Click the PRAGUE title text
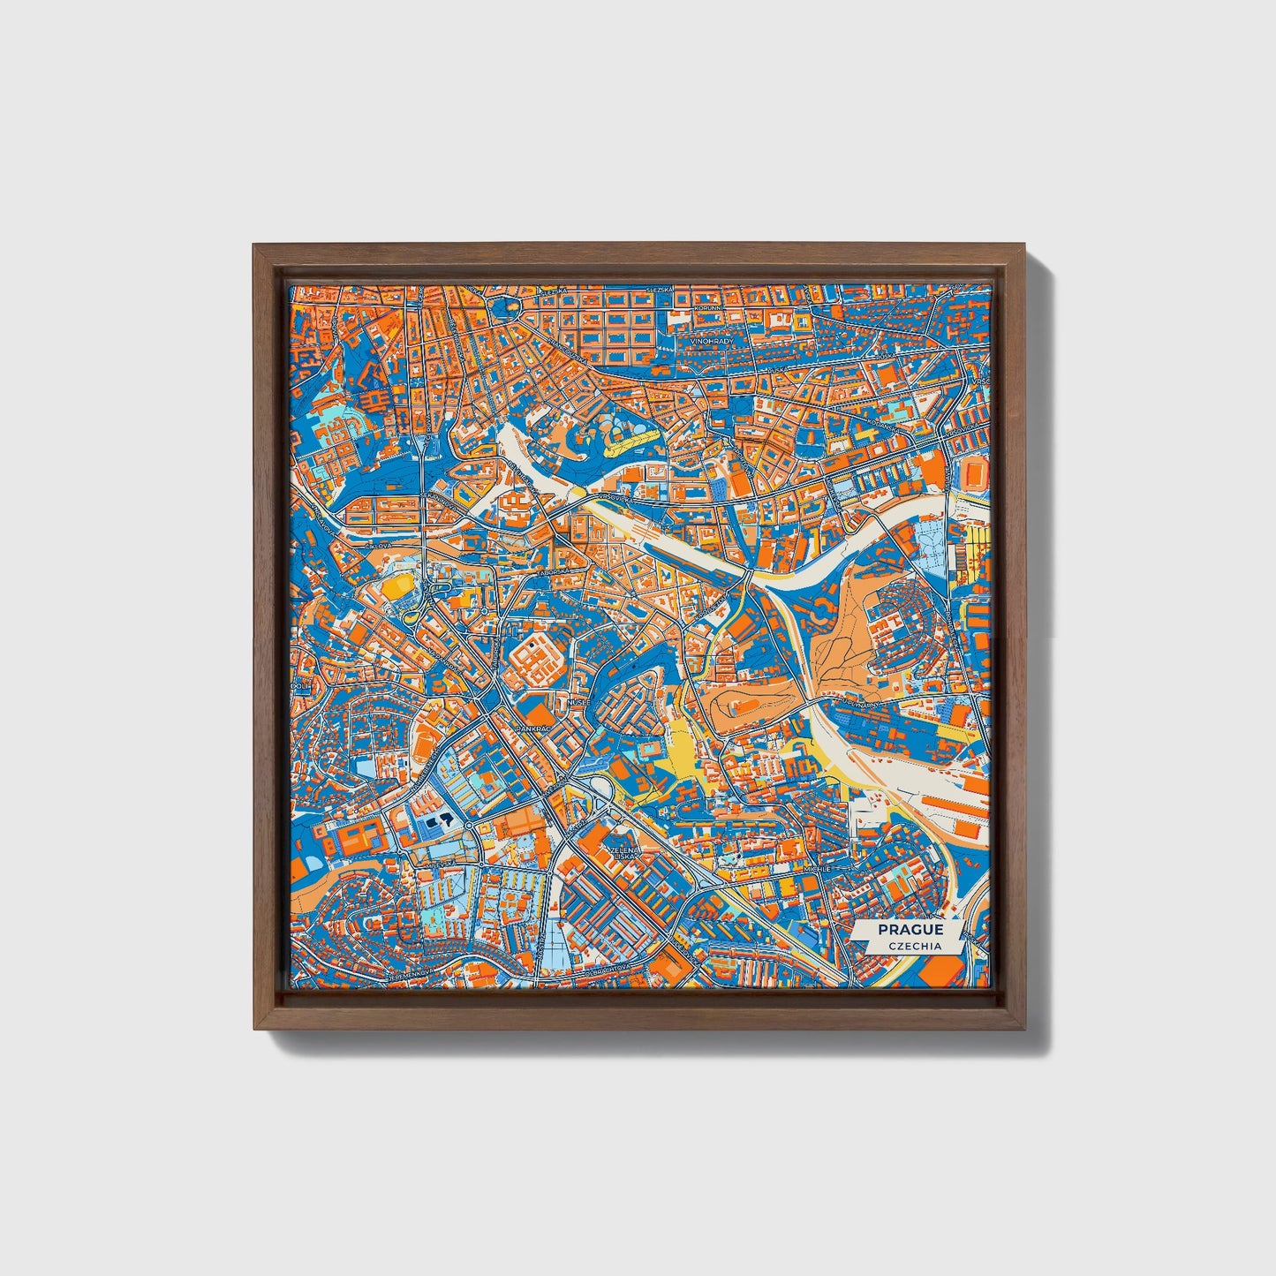click(x=910, y=930)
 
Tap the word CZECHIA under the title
click(x=910, y=947)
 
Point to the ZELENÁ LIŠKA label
click(x=623, y=854)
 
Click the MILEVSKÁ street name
click(x=442, y=862)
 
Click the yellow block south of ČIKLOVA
click(x=399, y=585)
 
